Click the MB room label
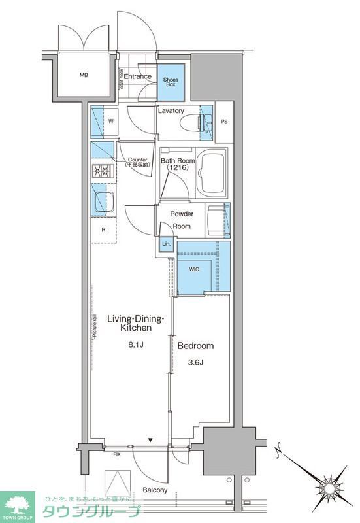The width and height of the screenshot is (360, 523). [84, 75]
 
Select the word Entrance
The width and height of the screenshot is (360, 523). [138, 76]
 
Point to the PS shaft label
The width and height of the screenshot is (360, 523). [224, 122]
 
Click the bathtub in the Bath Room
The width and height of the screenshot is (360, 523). [210, 173]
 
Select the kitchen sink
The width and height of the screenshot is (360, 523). [103, 203]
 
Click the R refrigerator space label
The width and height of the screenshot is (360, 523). [103, 229]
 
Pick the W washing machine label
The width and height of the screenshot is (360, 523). [111, 121]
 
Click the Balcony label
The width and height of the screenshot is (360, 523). [155, 490]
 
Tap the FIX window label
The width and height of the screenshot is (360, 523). [117, 453]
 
